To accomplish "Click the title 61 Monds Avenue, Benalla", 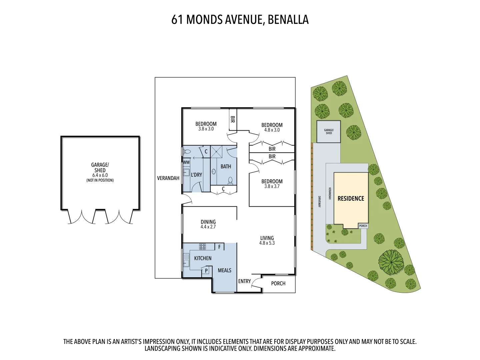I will point(240,20).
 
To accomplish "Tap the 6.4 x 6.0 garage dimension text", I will point(100,175).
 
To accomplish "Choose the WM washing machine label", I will point(186,162).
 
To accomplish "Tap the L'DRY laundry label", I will point(196,175).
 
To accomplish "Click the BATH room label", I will point(226,166).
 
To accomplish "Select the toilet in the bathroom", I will point(230,181).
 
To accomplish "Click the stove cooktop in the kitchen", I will point(202,247).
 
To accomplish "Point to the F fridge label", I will point(219,247).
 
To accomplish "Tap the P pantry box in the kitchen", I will point(206,270).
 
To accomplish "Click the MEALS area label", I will point(224,270).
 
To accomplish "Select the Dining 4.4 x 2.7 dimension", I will point(208,227).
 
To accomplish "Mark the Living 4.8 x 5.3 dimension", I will point(267,243).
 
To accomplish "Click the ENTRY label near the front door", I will point(244,281).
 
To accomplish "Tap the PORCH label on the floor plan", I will point(278,283).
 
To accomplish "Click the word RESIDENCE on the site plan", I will point(351,198).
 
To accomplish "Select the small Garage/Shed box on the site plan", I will point(328,132).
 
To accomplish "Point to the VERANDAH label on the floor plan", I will point(168,178).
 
